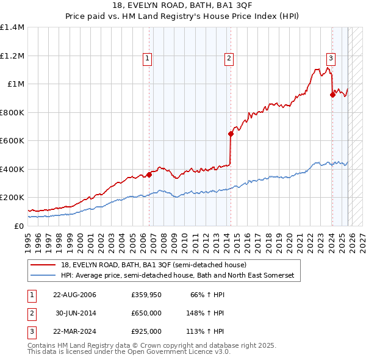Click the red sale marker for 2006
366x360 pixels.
pyautogui.click(x=149, y=175)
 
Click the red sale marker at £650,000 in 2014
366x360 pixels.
pyautogui.click(x=231, y=134)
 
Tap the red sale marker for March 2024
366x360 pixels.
pyautogui.click(x=332, y=95)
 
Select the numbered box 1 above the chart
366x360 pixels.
pyautogui.click(x=148, y=59)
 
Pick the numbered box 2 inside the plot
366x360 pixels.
pyautogui.click(x=229, y=59)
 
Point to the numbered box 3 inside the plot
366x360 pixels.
pyautogui.click(x=331, y=59)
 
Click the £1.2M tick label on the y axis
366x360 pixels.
pyautogui.click(x=12, y=56)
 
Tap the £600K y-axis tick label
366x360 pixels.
pyautogui.click(x=12, y=141)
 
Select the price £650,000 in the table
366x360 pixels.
pyautogui.click(x=146, y=314)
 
